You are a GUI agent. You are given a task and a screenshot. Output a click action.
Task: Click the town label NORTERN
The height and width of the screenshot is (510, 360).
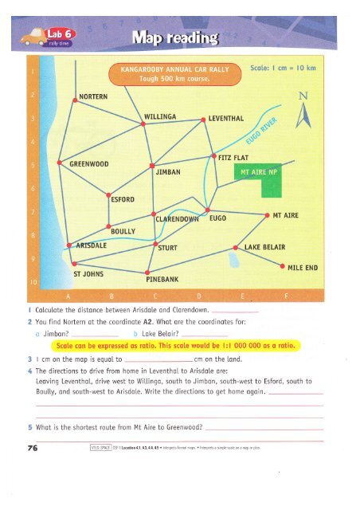pos(98,97)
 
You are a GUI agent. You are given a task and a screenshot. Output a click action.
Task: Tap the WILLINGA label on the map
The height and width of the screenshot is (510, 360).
pos(166,118)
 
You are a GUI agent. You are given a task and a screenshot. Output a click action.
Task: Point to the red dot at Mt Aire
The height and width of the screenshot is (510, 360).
pos(265,215)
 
